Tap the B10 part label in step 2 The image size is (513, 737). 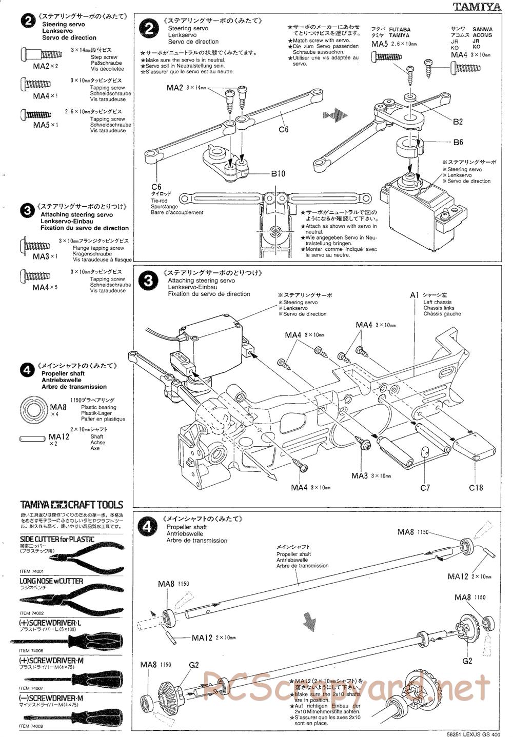[x=278, y=174]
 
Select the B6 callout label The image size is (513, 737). [x=458, y=143]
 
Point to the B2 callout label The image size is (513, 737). [x=458, y=122]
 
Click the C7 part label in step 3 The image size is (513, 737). [x=425, y=488]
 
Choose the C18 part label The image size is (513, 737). [x=476, y=488]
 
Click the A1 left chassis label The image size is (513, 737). [x=415, y=295]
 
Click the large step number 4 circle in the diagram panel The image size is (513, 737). [x=148, y=526]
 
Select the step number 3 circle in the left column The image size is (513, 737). [x=27, y=210]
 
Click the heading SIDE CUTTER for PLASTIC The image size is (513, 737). [x=57, y=539]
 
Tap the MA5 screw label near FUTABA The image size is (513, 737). [x=380, y=45]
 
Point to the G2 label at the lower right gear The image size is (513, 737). [x=467, y=661]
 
